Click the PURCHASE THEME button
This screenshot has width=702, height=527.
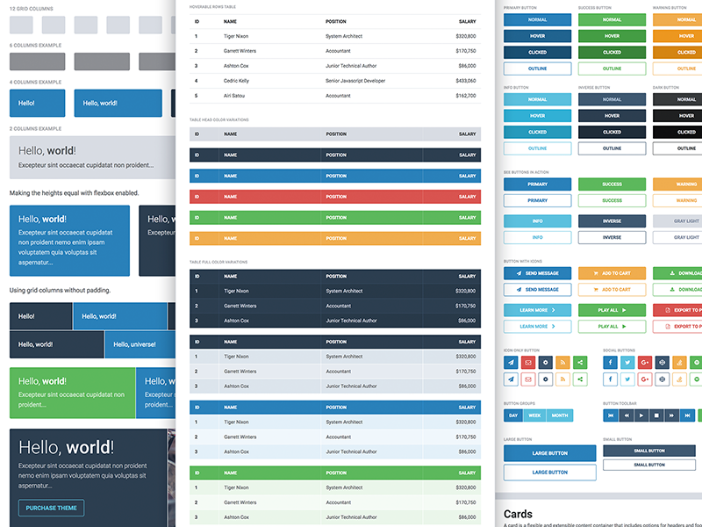(51, 508)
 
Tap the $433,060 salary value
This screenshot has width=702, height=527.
(466, 81)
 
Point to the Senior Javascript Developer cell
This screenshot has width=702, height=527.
(355, 81)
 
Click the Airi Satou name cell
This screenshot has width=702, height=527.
(234, 96)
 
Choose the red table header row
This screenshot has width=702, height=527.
(335, 197)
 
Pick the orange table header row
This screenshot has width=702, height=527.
(335, 238)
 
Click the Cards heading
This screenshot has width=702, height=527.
(518, 514)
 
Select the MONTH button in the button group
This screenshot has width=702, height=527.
(559, 415)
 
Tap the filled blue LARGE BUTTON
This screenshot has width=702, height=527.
(550, 453)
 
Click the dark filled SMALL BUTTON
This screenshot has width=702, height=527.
(649, 451)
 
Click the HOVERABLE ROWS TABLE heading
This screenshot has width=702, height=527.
(218, 7)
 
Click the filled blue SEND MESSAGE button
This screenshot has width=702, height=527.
(537, 273)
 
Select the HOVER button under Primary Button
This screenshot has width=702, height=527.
(537, 36)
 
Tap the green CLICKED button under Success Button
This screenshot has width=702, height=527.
(612, 52)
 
